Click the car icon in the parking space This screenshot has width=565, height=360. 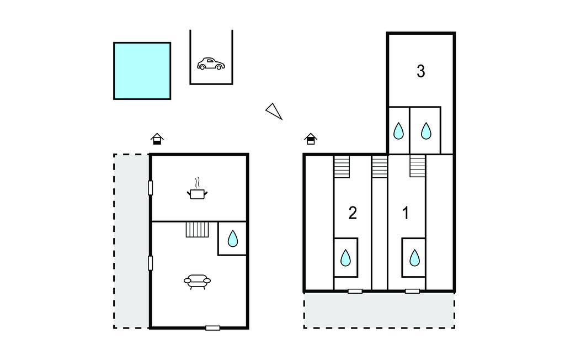[211, 64]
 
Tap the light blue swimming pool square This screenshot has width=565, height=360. [142, 71]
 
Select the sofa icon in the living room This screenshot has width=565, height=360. [197, 282]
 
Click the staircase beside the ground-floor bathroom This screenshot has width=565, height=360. [198, 229]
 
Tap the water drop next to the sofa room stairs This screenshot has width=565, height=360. [232, 239]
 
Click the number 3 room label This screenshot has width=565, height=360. [420, 71]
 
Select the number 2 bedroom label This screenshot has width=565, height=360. [353, 213]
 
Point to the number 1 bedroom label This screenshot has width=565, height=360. [406, 213]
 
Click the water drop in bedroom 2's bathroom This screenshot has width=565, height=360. [345, 257]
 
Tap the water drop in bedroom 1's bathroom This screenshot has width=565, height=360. [414, 257]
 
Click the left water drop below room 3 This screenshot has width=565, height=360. [399, 131]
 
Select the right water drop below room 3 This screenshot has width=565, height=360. [426, 131]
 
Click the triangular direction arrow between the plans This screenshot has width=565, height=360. [274, 111]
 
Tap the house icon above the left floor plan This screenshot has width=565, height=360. [157, 139]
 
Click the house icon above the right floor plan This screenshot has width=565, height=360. [311, 139]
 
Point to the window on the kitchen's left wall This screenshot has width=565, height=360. [150, 188]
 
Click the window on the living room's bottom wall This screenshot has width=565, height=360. [212, 328]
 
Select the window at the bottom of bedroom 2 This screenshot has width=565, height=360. [355, 291]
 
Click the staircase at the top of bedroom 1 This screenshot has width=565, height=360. [418, 166]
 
